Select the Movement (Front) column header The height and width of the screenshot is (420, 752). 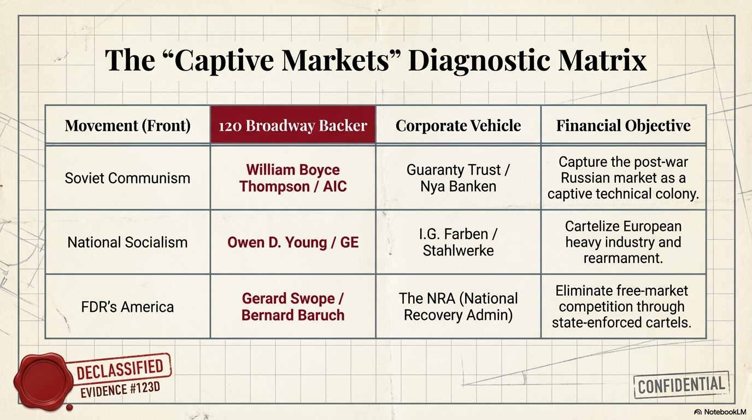point(127,125)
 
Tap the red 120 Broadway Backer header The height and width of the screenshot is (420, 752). point(293,125)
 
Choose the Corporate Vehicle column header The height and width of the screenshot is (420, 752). point(458,125)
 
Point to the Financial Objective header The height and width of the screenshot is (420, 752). point(623,125)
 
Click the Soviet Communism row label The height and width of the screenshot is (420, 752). point(127,178)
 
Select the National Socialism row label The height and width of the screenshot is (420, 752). point(127,242)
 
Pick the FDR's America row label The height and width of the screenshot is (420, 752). point(127,306)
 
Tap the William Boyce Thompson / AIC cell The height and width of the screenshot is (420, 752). point(293,178)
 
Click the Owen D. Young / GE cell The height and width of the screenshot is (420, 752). point(293,242)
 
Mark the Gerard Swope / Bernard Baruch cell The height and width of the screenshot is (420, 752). point(293,306)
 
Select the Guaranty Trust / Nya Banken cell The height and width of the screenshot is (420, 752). point(458,178)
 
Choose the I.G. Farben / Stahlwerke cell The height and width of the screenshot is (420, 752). point(458,242)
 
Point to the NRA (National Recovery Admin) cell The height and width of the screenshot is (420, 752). point(458,306)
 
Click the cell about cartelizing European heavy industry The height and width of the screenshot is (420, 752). point(623,242)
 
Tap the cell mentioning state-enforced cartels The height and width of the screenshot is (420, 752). point(623,306)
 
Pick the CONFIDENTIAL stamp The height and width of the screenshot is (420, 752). point(681,386)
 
